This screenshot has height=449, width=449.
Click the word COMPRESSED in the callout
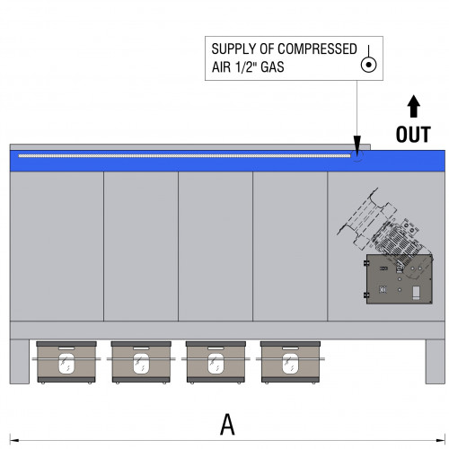[319, 49]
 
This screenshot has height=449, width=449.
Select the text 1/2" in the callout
[245, 66]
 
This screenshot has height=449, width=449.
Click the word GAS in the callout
[272, 66]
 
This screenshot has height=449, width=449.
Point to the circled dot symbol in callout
[368, 65]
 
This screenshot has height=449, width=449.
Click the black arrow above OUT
[413, 106]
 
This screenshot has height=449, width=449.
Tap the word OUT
[413, 135]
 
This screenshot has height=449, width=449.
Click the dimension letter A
[227, 424]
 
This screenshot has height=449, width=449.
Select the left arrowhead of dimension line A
[14, 440]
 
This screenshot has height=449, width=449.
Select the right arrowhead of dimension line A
[441, 440]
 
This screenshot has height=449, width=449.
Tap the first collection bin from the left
[66, 362]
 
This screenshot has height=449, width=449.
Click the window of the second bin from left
[141, 364]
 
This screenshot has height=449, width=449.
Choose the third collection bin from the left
[216, 362]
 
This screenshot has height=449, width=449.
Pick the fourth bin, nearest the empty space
[290, 362]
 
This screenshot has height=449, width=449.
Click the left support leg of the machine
[20, 361]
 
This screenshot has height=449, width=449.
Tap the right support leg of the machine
[436, 361]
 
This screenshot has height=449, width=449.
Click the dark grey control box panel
[400, 279]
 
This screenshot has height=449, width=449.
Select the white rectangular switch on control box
[416, 293]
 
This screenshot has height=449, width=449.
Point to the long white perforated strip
[184, 155]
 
